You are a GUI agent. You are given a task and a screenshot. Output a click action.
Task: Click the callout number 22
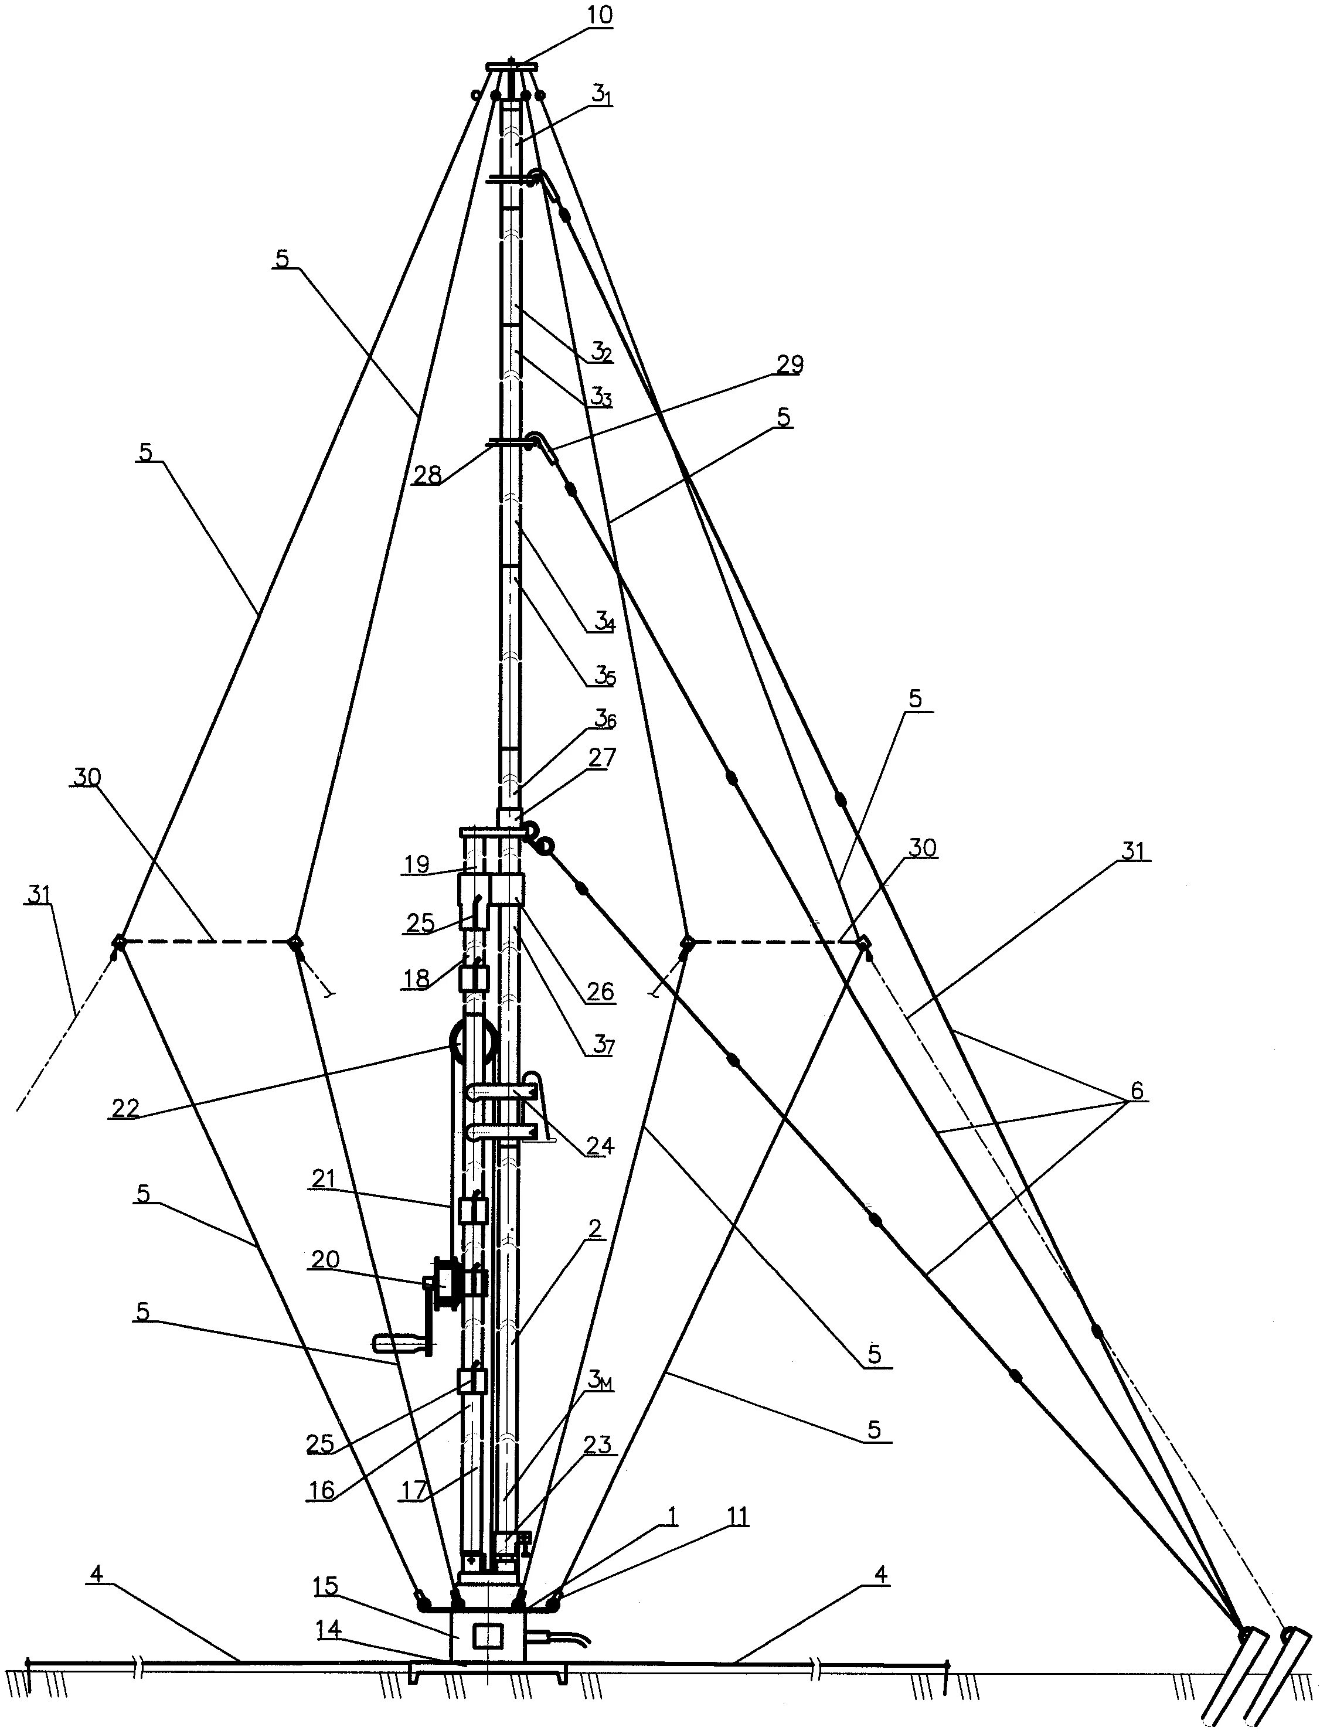(x=125, y=1108)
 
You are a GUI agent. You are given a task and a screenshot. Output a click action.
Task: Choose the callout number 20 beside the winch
(x=325, y=1260)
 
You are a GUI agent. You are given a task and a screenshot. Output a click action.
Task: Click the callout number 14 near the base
(x=329, y=1631)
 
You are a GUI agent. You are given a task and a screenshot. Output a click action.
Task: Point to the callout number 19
(x=417, y=864)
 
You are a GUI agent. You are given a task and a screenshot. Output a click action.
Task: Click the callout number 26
(x=600, y=992)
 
